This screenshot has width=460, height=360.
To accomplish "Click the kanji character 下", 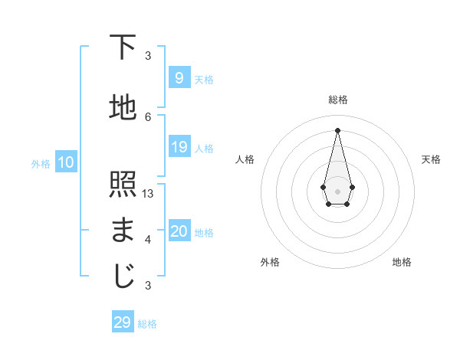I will pyautogui.click(x=123, y=48).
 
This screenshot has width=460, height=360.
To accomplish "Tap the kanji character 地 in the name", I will pyautogui.click(x=123, y=108).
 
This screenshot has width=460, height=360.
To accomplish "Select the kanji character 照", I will pyautogui.click(x=123, y=185).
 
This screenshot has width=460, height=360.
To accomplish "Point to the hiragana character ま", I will pyautogui.click(x=123, y=230).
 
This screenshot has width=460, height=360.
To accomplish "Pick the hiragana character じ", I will pyautogui.click(x=123, y=277).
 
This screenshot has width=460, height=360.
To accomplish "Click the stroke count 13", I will pyautogui.click(x=148, y=194).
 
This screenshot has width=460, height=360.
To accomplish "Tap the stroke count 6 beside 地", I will pyautogui.click(x=148, y=116).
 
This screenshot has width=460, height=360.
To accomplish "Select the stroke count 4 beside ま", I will pyautogui.click(x=148, y=240).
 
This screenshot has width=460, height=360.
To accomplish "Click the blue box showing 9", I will pyautogui.click(x=179, y=78).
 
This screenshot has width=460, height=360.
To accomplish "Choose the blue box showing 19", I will pyautogui.click(x=179, y=147).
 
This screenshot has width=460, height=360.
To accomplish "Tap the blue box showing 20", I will pyautogui.click(x=179, y=231).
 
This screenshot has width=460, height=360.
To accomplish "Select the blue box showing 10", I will pyautogui.click(x=65, y=162).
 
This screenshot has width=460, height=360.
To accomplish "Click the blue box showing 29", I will pyautogui.click(x=123, y=322).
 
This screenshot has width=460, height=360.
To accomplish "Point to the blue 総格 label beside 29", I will pyautogui.click(x=147, y=324).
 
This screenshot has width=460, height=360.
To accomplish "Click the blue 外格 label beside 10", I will pyautogui.click(x=41, y=163).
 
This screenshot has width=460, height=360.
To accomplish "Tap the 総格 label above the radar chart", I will pyautogui.click(x=337, y=100).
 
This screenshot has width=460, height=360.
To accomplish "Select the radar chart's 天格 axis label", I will pyautogui.click(x=432, y=159).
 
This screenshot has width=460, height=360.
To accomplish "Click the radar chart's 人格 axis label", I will pyautogui.click(x=245, y=159).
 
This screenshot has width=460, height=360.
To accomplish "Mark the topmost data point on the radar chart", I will pyautogui.click(x=337, y=129).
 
